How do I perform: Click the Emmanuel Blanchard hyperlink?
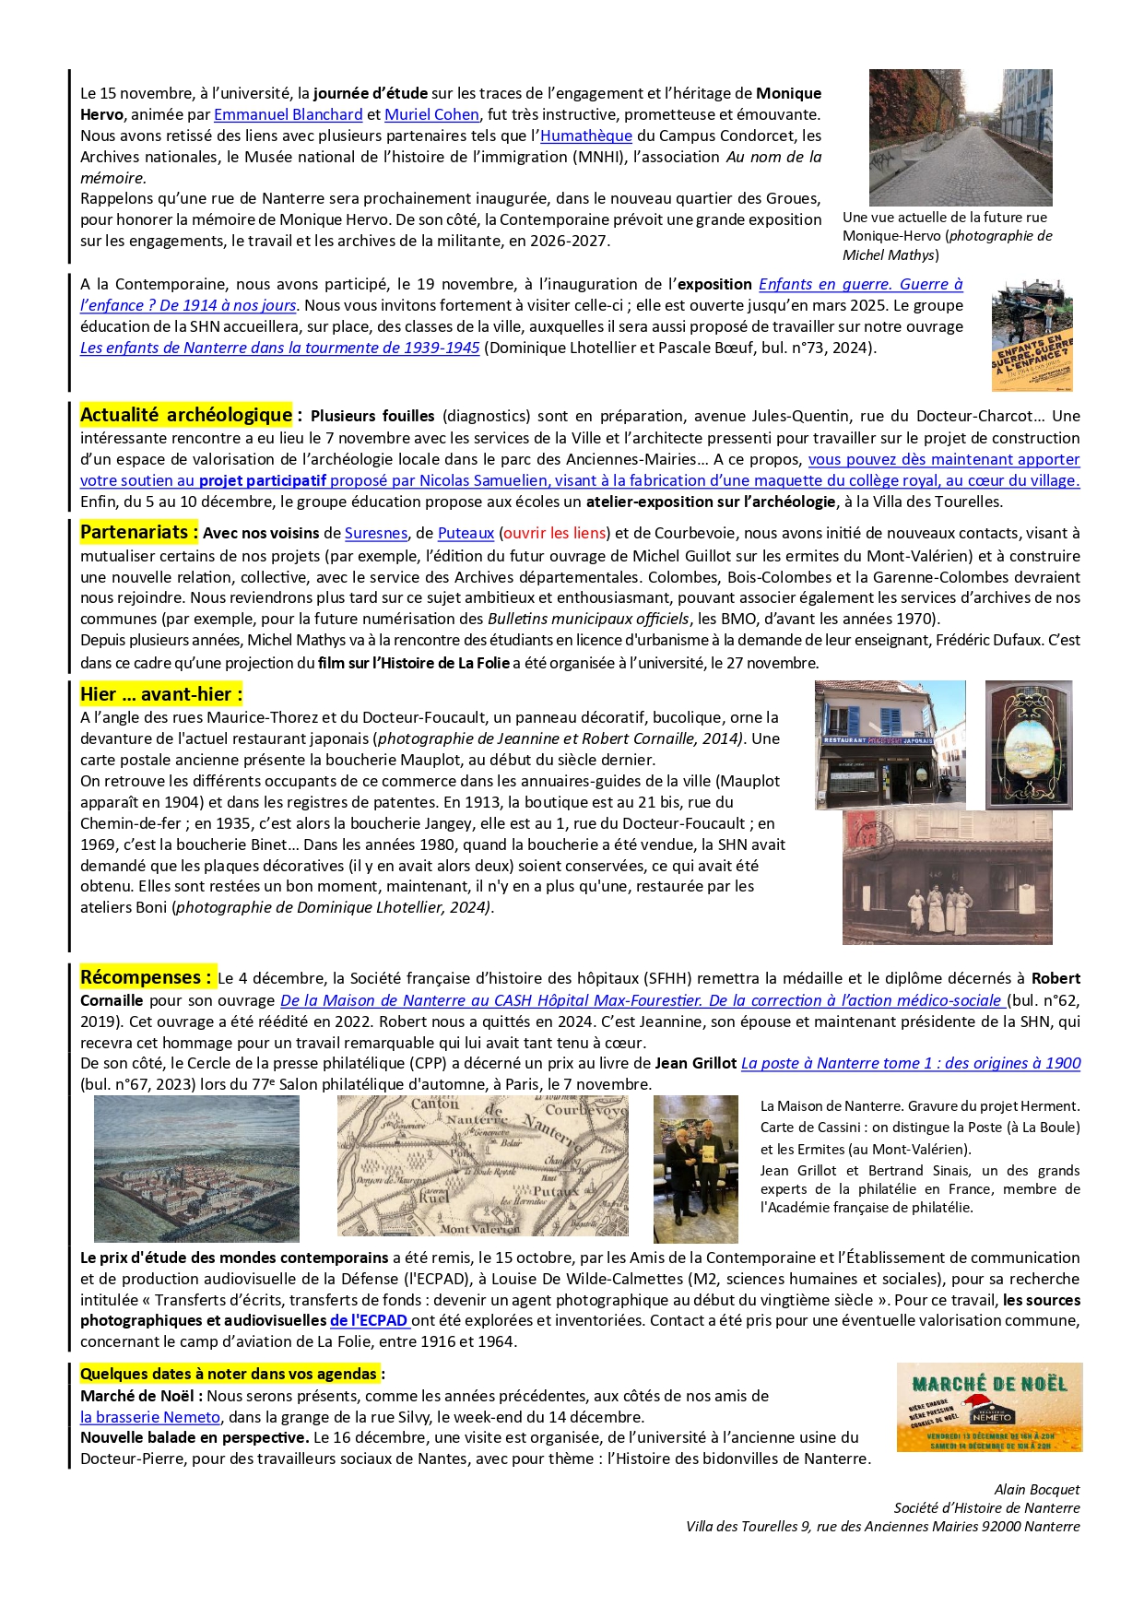pyautogui.click(x=288, y=114)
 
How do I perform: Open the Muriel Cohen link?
pyautogui.click(x=431, y=114)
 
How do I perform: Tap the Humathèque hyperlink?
pyautogui.click(x=585, y=136)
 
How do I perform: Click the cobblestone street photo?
pyautogui.click(x=960, y=137)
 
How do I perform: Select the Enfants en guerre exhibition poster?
pyautogui.click(x=1032, y=336)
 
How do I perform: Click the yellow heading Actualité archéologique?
pyautogui.click(x=186, y=415)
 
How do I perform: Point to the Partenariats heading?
pyautogui.click(x=138, y=532)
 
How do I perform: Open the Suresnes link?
pyautogui.click(x=375, y=533)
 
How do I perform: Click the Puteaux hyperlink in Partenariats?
pyautogui.click(x=466, y=533)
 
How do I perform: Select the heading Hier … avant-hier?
pyautogui.click(x=160, y=694)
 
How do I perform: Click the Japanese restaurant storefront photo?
pyautogui.click(x=890, y=745)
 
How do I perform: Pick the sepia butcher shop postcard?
pyautogui.click(x=947, y=877)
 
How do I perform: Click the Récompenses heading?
pyautogui.click(x=146, y=977)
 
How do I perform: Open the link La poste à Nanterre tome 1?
pyautogui.click(x=910, y=1063)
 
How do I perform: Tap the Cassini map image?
pyautogui.click(x=482, y=1166)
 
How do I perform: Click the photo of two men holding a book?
pyautogui.click(x=695, y=1169)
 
